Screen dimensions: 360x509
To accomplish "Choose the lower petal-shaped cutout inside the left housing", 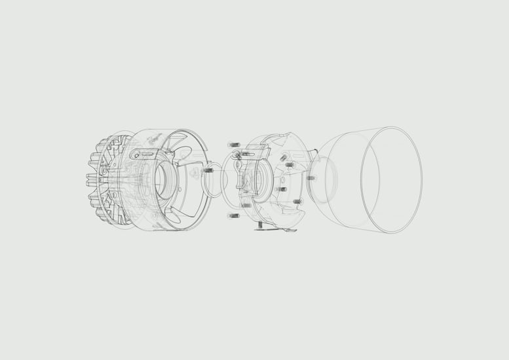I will tap(186, 208).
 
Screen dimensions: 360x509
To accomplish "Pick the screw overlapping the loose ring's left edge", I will tap(208, 170).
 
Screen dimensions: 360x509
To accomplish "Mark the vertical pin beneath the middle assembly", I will tap(260, 225).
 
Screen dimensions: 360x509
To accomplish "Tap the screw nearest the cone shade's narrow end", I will tap(311, 177).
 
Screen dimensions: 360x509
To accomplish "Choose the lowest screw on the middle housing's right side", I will tap(296, 202).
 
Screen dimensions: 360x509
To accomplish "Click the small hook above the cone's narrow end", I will tap(316, 154).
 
